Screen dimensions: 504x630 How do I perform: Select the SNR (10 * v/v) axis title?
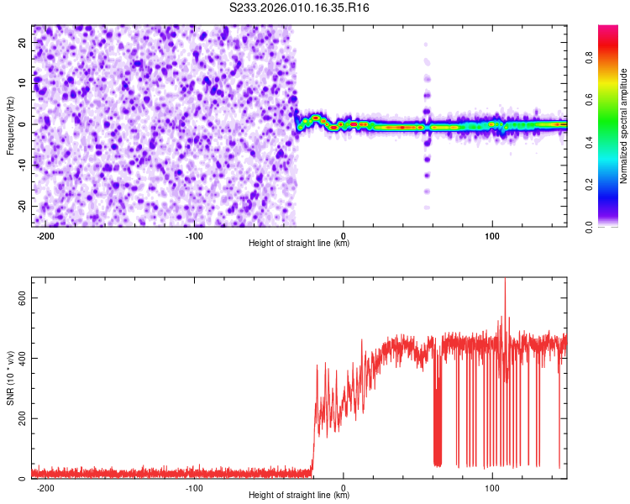(10, 377)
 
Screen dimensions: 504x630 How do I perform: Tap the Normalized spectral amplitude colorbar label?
(623, 126)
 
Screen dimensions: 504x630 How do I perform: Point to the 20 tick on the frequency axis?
(22, 42)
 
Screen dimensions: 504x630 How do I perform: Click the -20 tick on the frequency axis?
(20, 206)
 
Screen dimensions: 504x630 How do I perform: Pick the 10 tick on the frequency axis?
(22, 83)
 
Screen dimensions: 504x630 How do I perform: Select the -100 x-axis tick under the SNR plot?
(194, 487)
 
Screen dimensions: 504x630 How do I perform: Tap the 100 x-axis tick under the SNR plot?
(491, 487)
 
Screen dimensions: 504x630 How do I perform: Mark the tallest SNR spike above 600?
(505, 281)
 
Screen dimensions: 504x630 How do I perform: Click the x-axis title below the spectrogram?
(299, 244)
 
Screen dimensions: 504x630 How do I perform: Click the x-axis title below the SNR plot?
(299, 496)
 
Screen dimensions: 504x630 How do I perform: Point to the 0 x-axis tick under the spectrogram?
(343, 235)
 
